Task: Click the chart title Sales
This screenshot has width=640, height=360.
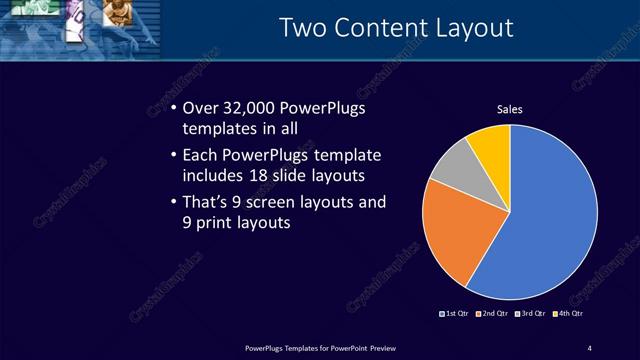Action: point(510,109)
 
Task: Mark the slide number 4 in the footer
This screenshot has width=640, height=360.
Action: point(590,347)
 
